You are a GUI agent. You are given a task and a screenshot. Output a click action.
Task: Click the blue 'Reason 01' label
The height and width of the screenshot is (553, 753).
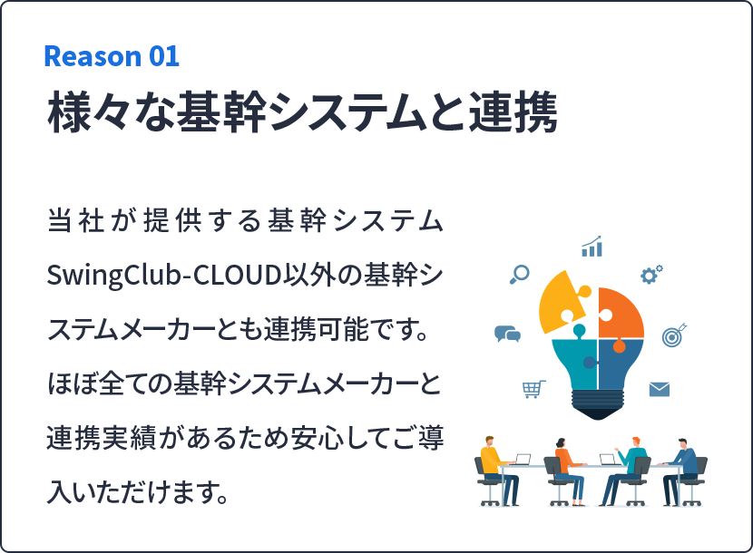coord(112,56)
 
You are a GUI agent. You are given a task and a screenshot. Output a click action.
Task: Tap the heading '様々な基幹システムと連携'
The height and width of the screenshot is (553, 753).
coord(302,112)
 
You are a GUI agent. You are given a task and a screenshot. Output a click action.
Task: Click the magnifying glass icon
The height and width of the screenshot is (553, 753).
coord(519,274)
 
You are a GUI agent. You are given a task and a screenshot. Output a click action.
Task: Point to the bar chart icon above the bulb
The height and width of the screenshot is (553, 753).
coord(592,247)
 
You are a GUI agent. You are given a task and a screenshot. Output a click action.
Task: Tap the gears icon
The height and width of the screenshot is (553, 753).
coord(651,274)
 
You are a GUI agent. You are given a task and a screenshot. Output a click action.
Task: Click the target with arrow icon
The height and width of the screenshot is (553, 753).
coord(674,335)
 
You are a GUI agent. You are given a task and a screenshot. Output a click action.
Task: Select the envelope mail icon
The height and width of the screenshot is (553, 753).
coord(660,389)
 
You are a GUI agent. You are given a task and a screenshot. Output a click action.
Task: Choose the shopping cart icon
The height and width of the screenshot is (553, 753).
coord(533,389)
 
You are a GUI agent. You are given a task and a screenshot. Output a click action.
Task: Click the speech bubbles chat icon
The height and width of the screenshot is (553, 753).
coord(507,334)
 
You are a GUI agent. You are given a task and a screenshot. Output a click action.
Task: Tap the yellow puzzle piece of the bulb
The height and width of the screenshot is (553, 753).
coord(562,302)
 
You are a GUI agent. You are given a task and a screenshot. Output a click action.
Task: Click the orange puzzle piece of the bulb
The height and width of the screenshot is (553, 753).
coord(621,313)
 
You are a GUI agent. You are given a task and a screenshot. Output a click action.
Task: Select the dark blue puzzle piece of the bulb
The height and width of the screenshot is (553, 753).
coord(620,364)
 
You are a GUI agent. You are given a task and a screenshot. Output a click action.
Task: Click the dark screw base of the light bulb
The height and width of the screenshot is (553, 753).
coord(597,404)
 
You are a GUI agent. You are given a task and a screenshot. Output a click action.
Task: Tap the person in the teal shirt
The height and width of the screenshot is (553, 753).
coord(624,471)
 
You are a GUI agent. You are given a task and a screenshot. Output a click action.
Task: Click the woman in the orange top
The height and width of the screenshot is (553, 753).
coord(569,471)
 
